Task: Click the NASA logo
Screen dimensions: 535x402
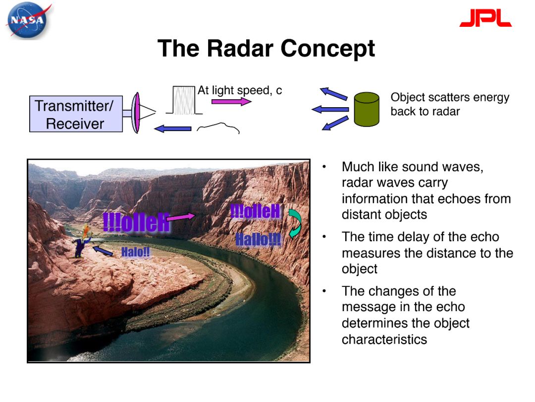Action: (27, 20)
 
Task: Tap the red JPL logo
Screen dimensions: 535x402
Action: (485, 18)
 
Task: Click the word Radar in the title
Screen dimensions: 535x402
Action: (240, 48)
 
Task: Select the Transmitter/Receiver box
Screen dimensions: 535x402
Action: (76, 114)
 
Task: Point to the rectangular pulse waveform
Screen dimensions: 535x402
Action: (184, 100)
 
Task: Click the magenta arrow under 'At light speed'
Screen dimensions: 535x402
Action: (231, 102)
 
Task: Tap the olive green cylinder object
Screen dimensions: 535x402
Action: (367, 109)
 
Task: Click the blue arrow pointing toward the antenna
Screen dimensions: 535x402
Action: (172, 129)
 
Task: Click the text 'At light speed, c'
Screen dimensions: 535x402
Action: (240, 90)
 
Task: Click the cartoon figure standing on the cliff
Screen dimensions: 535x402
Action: (82, 241)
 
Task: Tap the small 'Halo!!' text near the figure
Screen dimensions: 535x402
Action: (135, 252)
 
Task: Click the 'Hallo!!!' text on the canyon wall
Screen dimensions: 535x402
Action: (258, 239)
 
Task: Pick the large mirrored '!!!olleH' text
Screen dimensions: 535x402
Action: (137, 222)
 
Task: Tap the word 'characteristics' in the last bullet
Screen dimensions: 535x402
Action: (384, 339)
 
